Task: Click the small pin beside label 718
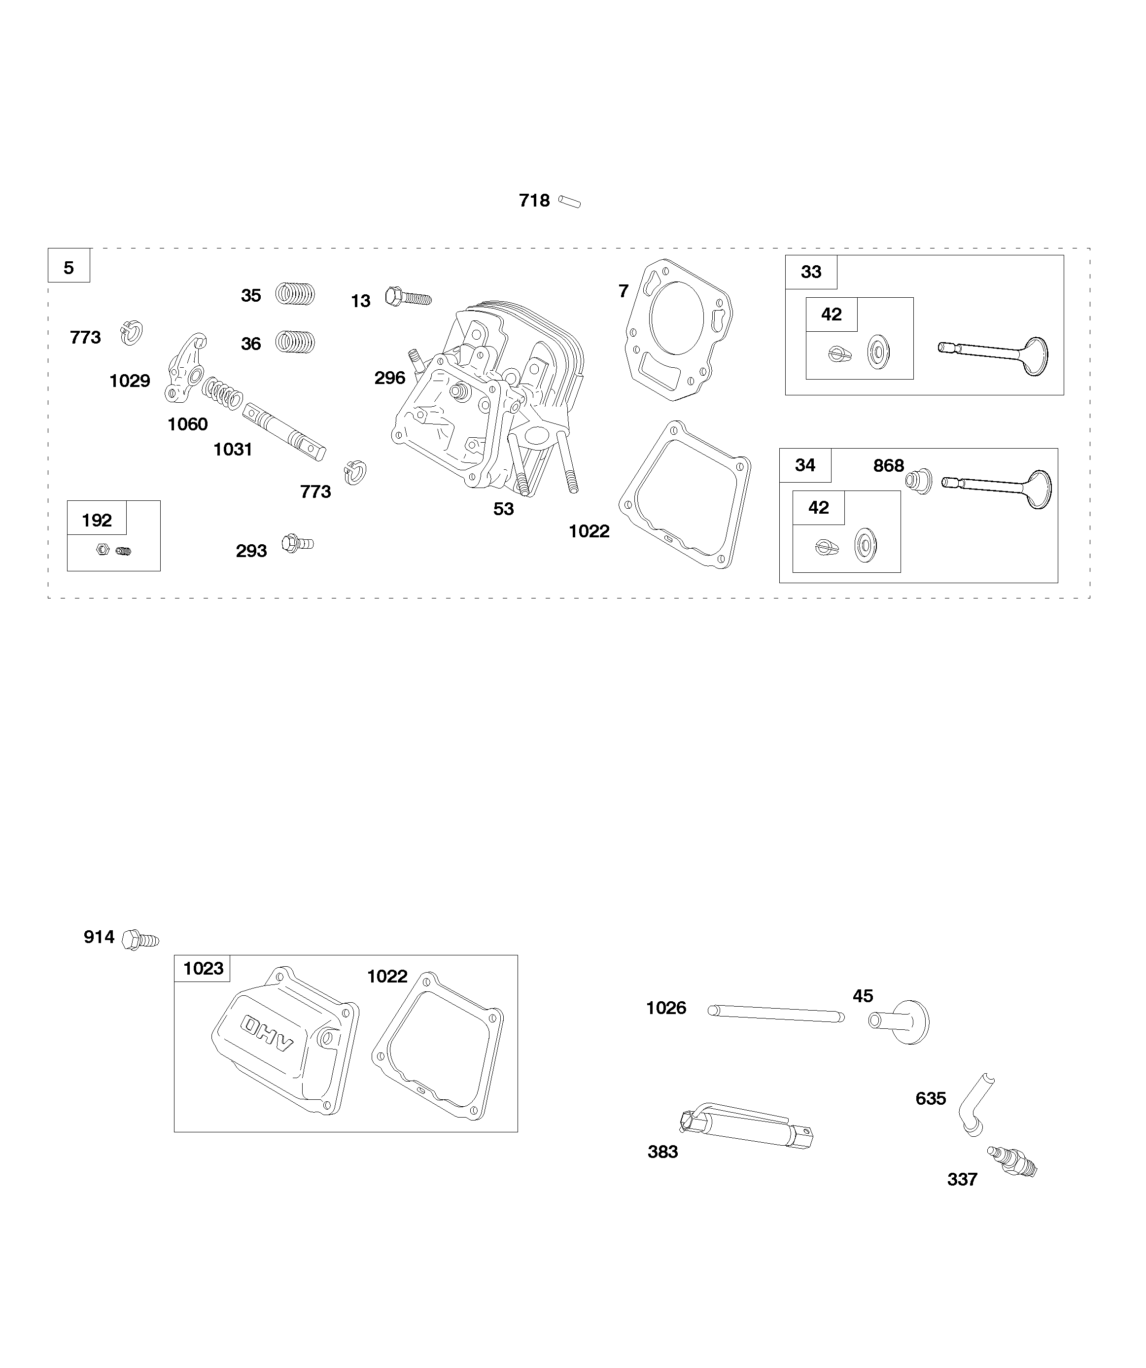click(569, 202)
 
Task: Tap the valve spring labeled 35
click(295, 294)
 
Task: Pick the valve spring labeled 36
click(295, 342)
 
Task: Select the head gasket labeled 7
click(678, 329)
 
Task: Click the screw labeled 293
click(297, 543)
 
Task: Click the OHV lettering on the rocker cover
click(268, 1033)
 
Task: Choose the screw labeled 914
click(140, 940)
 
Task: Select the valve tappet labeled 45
click(901, 1021)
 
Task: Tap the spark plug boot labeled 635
click(975, 1104)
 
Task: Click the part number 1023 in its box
click(203, 969)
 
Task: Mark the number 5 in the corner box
click(69, 268)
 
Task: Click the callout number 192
click(97, 520)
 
